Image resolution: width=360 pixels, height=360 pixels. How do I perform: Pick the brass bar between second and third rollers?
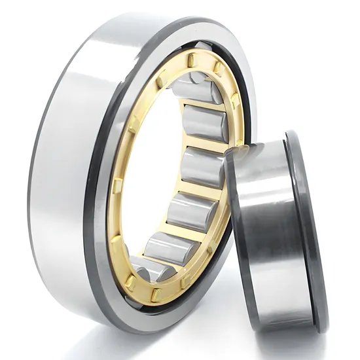(208, 143)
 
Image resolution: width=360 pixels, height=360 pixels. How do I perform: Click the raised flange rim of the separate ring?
(308, 229)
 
